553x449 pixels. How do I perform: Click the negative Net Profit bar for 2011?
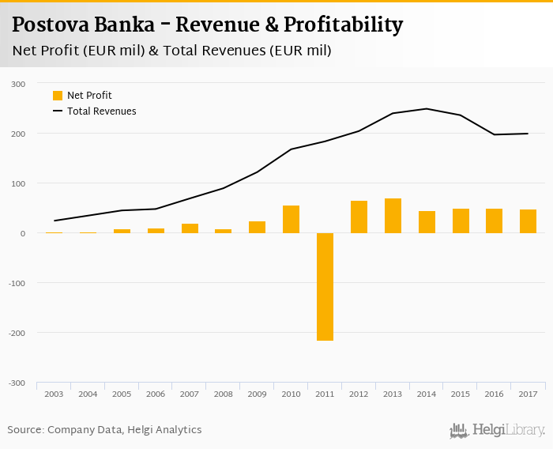click(x=325, y=286)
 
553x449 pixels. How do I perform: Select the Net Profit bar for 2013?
click(x=393, y=216)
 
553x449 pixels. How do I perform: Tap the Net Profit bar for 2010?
click(x=291, y=219)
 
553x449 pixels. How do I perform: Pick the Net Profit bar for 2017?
click(x=528, y=221)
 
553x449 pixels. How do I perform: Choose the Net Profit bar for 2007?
click(x=190, y=228)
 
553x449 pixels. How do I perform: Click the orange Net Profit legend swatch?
click(x=58, y=96)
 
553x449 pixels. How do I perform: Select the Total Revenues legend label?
click(x=101, y=111)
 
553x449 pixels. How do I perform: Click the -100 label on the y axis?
click(x=17, y=283)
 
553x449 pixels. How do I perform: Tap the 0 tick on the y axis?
click(x=23, y=233)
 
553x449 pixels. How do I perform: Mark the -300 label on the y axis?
click(x=17, y=383)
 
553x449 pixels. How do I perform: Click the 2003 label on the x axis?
click(x=54, y=394)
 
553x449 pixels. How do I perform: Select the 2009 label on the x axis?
click(x=257, y=394)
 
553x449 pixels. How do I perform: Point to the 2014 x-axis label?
click(x=427, y=394)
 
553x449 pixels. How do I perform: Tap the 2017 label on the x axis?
click(x=528, y=394)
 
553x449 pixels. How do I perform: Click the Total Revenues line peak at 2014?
click(x=427, y=109)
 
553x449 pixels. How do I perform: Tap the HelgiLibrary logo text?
click(x=508, y=431)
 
